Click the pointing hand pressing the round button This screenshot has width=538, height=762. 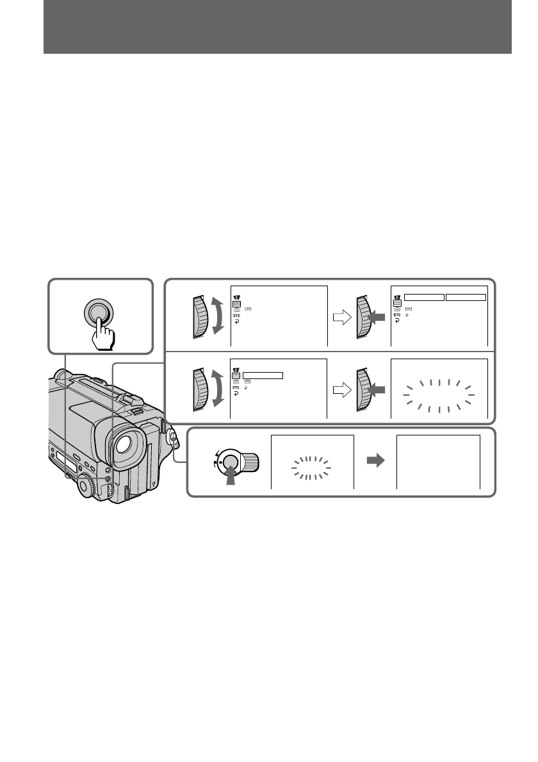(x=102, y=333)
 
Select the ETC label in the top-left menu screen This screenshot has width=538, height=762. (x=237, y=316)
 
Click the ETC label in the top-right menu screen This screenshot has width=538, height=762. (x=397, y=315)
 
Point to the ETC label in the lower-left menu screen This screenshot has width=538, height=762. (x=236, y=388)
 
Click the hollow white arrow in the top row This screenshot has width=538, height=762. (x=342, y=318)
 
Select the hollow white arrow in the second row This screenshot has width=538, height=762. (x=342, y=390)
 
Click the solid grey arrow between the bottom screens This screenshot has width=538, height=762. (x=376, y=460)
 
